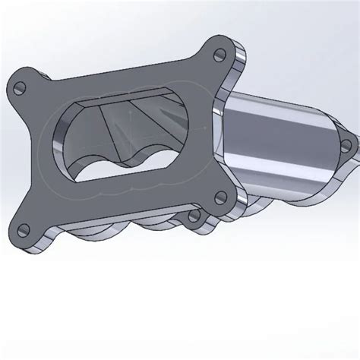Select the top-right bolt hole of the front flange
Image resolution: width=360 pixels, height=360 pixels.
tap(221, 55)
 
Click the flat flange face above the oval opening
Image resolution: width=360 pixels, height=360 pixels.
tap(137, 76)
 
